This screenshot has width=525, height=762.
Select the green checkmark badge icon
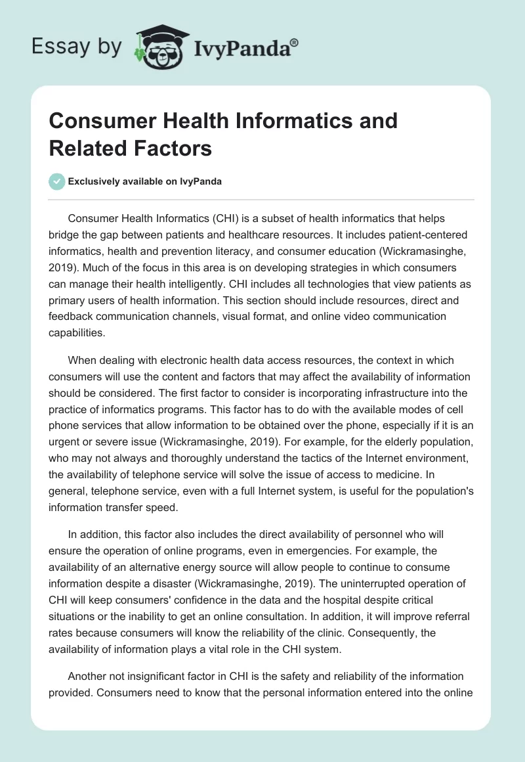(x=57, y=182)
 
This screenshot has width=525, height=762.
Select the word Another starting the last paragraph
(x=88, y=676)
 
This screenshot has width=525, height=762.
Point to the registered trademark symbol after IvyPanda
(x=294, y=41)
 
